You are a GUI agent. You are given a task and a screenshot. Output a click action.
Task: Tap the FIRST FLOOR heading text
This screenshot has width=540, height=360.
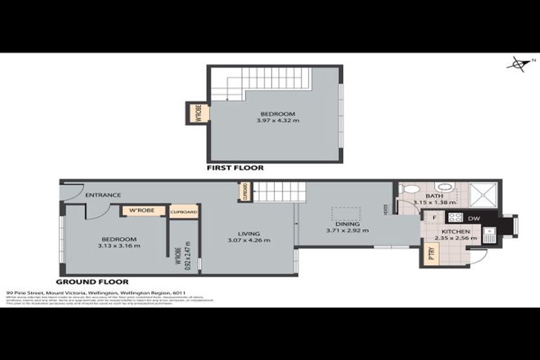tap(235, 169)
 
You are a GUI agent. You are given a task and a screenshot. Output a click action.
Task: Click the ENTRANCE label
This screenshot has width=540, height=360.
tap(103, 195)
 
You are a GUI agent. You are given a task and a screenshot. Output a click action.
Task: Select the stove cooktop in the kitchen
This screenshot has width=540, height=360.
tap(455, 218)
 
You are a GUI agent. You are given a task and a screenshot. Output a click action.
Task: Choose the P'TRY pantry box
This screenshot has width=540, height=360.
tap(431, 257)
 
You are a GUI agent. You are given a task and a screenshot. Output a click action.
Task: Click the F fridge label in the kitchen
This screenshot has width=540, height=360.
tap(435, 218)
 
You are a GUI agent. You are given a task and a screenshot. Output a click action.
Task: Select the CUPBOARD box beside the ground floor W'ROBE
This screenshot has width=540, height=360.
tap(184, 211)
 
